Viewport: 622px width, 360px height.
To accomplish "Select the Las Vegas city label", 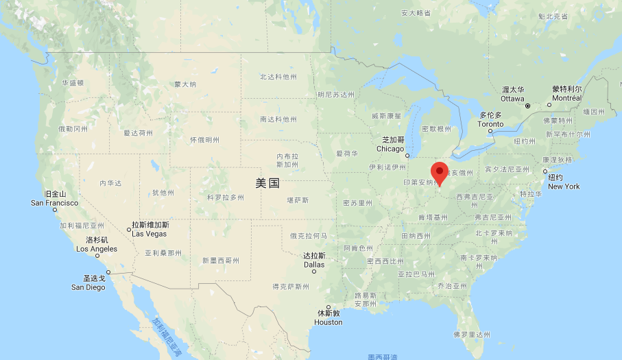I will [150, 229].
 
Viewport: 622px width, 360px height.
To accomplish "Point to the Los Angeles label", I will [97, 244].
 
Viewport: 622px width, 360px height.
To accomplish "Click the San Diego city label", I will [88, 283].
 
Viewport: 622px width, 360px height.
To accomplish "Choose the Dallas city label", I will [314, 260].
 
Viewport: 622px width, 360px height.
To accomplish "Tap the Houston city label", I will [328, 317].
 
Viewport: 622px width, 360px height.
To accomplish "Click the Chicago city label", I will [390, 144].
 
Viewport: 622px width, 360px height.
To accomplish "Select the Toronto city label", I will [491, 119].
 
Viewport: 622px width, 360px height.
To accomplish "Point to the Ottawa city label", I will [512, 94].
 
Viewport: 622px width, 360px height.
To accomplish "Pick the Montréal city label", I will [566, 93].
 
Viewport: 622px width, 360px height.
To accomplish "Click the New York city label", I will [564, 182].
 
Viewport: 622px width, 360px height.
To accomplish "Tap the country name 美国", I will [267, 183].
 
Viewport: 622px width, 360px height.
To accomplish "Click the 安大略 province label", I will [416, 13].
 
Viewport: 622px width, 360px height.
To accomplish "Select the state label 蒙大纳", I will [185, 84].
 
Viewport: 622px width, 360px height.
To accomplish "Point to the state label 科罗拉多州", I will [226, 197].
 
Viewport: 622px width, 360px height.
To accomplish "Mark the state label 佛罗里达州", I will [472, 335].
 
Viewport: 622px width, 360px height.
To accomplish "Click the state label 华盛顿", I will [73, 83].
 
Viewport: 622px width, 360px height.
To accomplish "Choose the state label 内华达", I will [110, 183].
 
